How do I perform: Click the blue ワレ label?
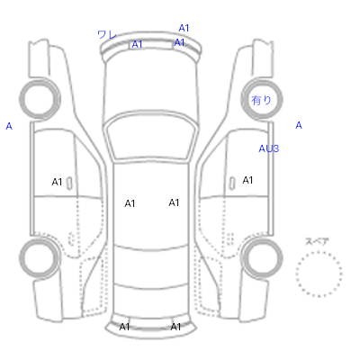tap(107, 34)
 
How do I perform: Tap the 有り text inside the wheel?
tap(261, 100)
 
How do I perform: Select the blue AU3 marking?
tap(269, 148)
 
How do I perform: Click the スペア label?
tap(317, 241)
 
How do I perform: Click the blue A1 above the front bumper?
tap(184, 28)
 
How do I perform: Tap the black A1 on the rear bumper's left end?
tap(124, 327)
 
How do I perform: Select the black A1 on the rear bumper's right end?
tap(175, 327)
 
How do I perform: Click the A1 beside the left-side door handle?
tap(57, 182)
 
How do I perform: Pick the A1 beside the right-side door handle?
tap(247, 180)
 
